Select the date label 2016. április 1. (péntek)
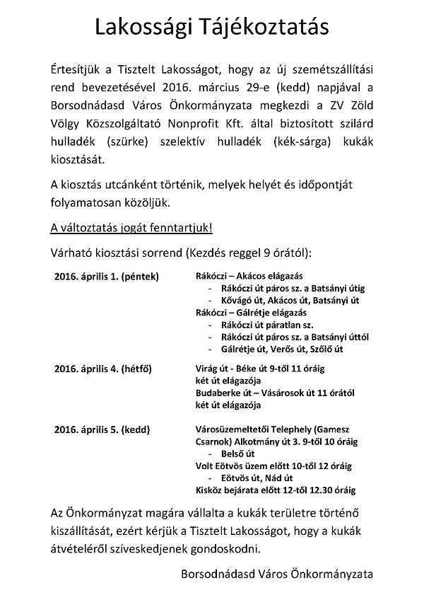pyautogui.click(x=107, y=276)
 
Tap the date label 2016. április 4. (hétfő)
pyautogui.click(x=102, y=369)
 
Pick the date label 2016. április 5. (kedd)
pyautogui.click(x=102, y=429)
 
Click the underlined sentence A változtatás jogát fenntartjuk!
pyautogui.click(x=131, y=230)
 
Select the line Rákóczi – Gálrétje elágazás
pyautogui.click(x=250, y=312)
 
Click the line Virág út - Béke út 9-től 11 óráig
pyautogui.click(x=261, y=369)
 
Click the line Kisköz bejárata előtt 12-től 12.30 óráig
pyautogui.click(x=276, y=490)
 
